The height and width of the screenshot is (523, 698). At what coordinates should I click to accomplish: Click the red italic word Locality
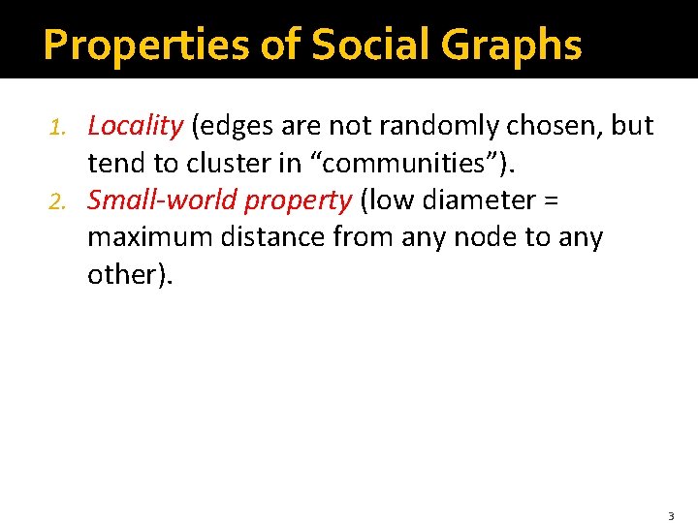pos(135,126)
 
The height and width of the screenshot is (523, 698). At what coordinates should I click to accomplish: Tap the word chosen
pos(549,126)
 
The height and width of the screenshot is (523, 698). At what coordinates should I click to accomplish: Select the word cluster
pos(250,163)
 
